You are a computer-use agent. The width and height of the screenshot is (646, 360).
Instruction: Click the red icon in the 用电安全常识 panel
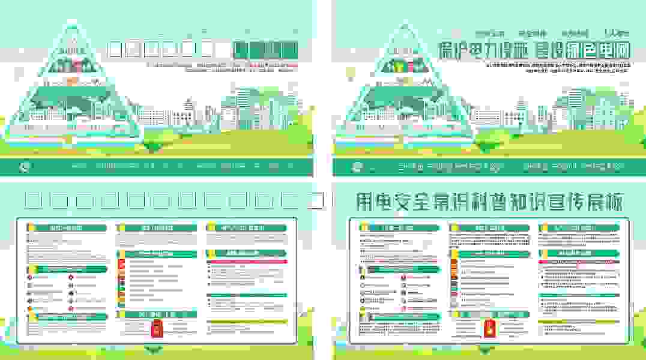(x=490, y=329)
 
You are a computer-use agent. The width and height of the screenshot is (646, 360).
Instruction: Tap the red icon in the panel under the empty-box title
(x=157, y=329)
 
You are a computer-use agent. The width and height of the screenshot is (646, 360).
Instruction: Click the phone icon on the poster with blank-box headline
(x=23, y=167)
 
